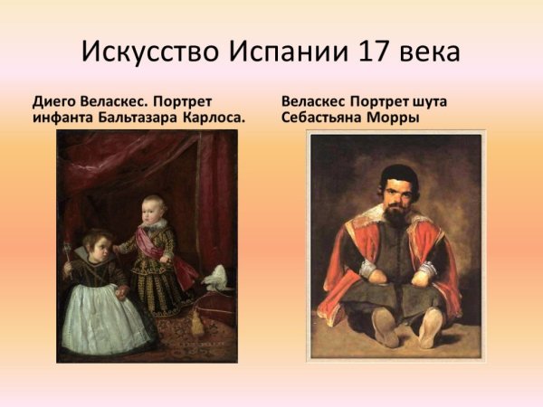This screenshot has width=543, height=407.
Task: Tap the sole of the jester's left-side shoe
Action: (x=384, y=328)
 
